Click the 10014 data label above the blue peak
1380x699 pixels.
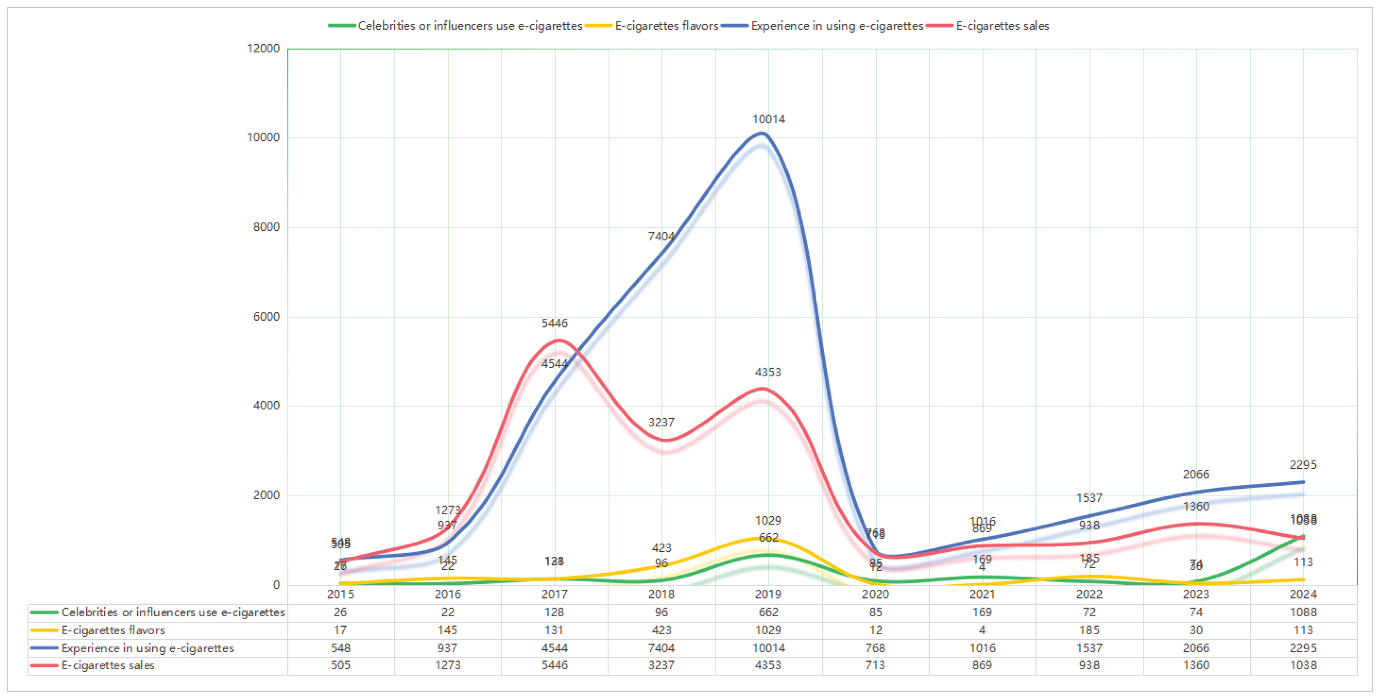click(x=768, y=119)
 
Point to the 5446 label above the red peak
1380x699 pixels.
click(x=554, y=323)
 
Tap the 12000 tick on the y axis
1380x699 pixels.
click(x=263, y=48)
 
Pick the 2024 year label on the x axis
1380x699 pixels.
click(x=1303, y=594)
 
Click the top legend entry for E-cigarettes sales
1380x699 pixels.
click(x=1002, y=26)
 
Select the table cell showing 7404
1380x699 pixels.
click(x=661, y=648)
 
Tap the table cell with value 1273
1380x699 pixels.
click(x=447, y=665)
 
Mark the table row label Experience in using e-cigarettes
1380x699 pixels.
click(x=147, y=648)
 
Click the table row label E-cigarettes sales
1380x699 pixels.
click(x=108, y=665)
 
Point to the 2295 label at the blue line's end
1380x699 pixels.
click(x=1303, y=465)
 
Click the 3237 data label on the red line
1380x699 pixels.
click(x=661, y=422)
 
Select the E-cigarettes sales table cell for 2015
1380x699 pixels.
click(x=340, y=665)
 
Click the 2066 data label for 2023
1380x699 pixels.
click(x=1196, y=474)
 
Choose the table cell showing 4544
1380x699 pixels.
click(x=554, y=648)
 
